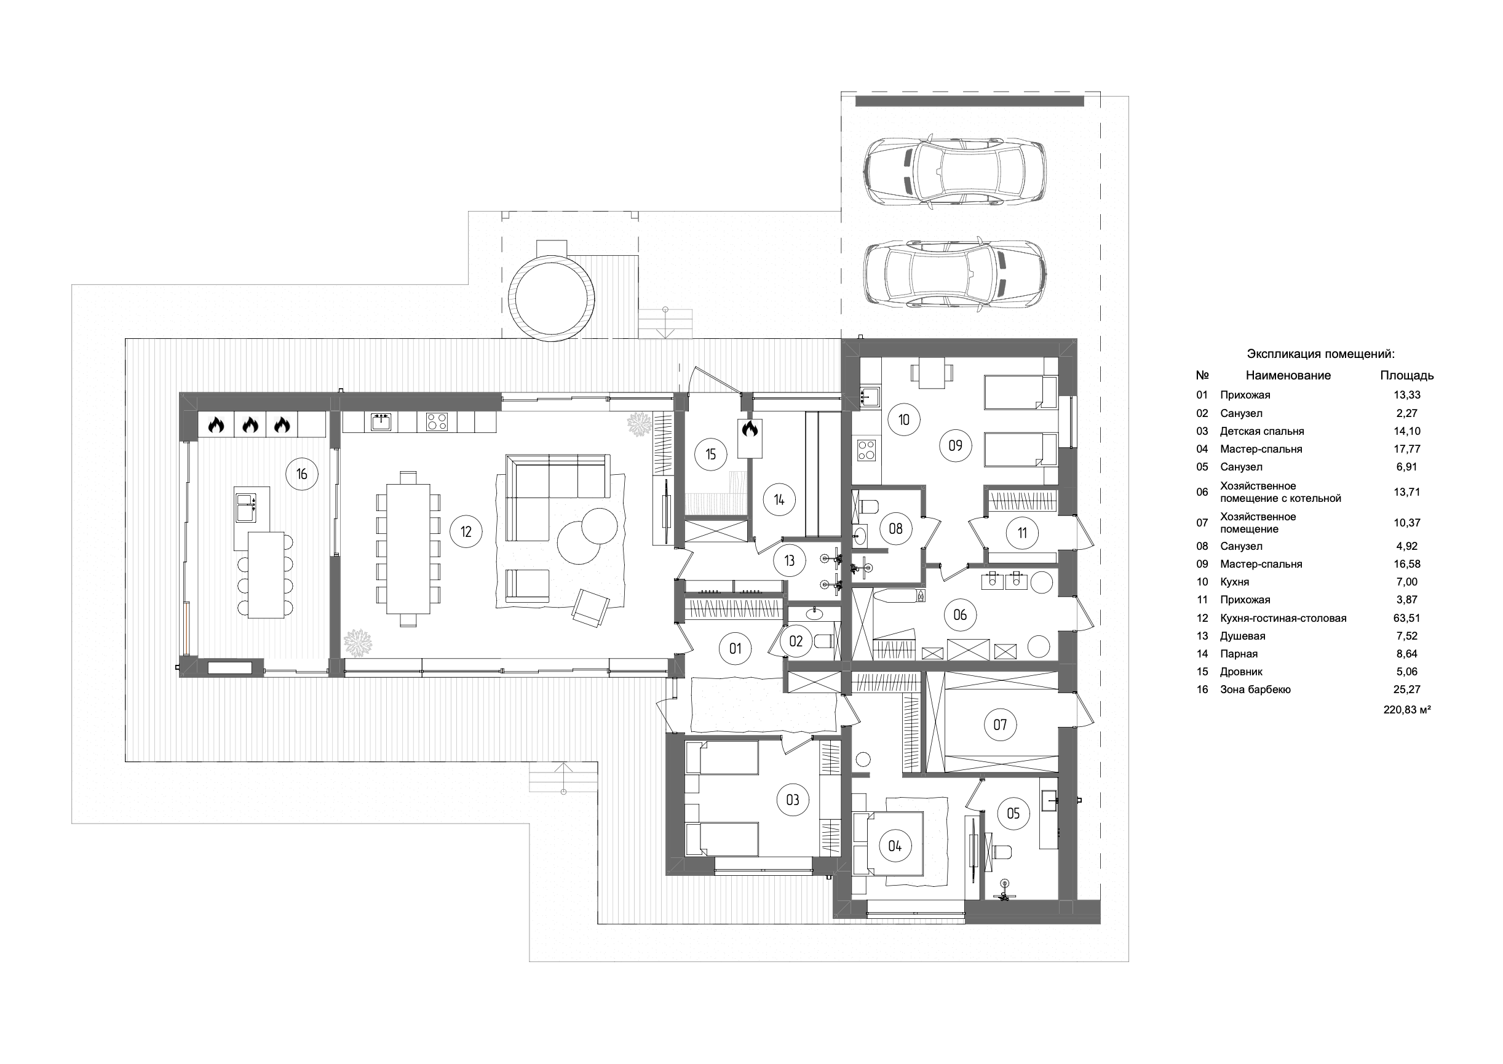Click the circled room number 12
click(x=466, y=531)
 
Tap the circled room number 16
click(x=302, y=474)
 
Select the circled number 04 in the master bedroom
click(x=895, y=846)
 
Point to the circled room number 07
click(x=1000, y=725)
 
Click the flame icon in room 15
click(x=750, y=429)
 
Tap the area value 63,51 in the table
click(x=1406, y=618)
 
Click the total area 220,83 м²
click(x=1406, y=709)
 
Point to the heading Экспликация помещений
click(x=1321, y=354)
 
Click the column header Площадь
click(x=1406, y=376)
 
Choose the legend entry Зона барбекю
click(x=1255, y=690)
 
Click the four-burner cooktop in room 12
click(x=437, y=421)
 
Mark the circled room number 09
click(x=955, y=445)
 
